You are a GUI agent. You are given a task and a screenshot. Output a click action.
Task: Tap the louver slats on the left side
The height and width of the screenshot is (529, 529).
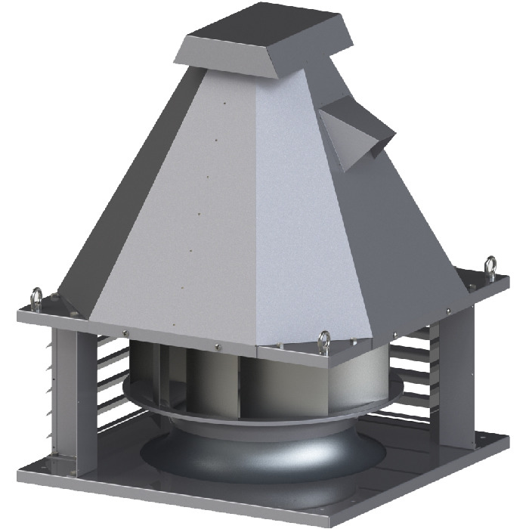[113, 378]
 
